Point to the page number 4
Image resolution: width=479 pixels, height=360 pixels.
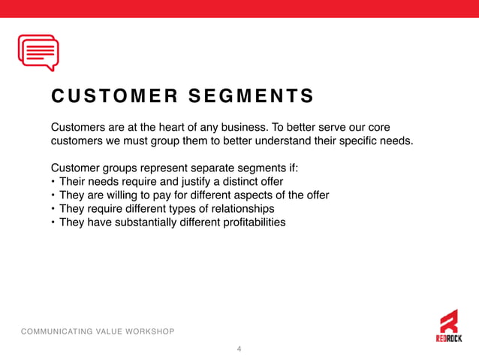tap(239, 349)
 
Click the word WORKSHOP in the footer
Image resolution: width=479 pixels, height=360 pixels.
tap(149, 331)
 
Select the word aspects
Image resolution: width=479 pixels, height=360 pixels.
tap(247, 195)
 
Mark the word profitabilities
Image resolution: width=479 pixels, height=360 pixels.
tap(252, 222)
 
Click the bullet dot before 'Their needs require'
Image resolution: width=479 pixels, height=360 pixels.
tap(53, 182)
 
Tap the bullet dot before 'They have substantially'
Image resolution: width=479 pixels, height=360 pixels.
tap(53, 223)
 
